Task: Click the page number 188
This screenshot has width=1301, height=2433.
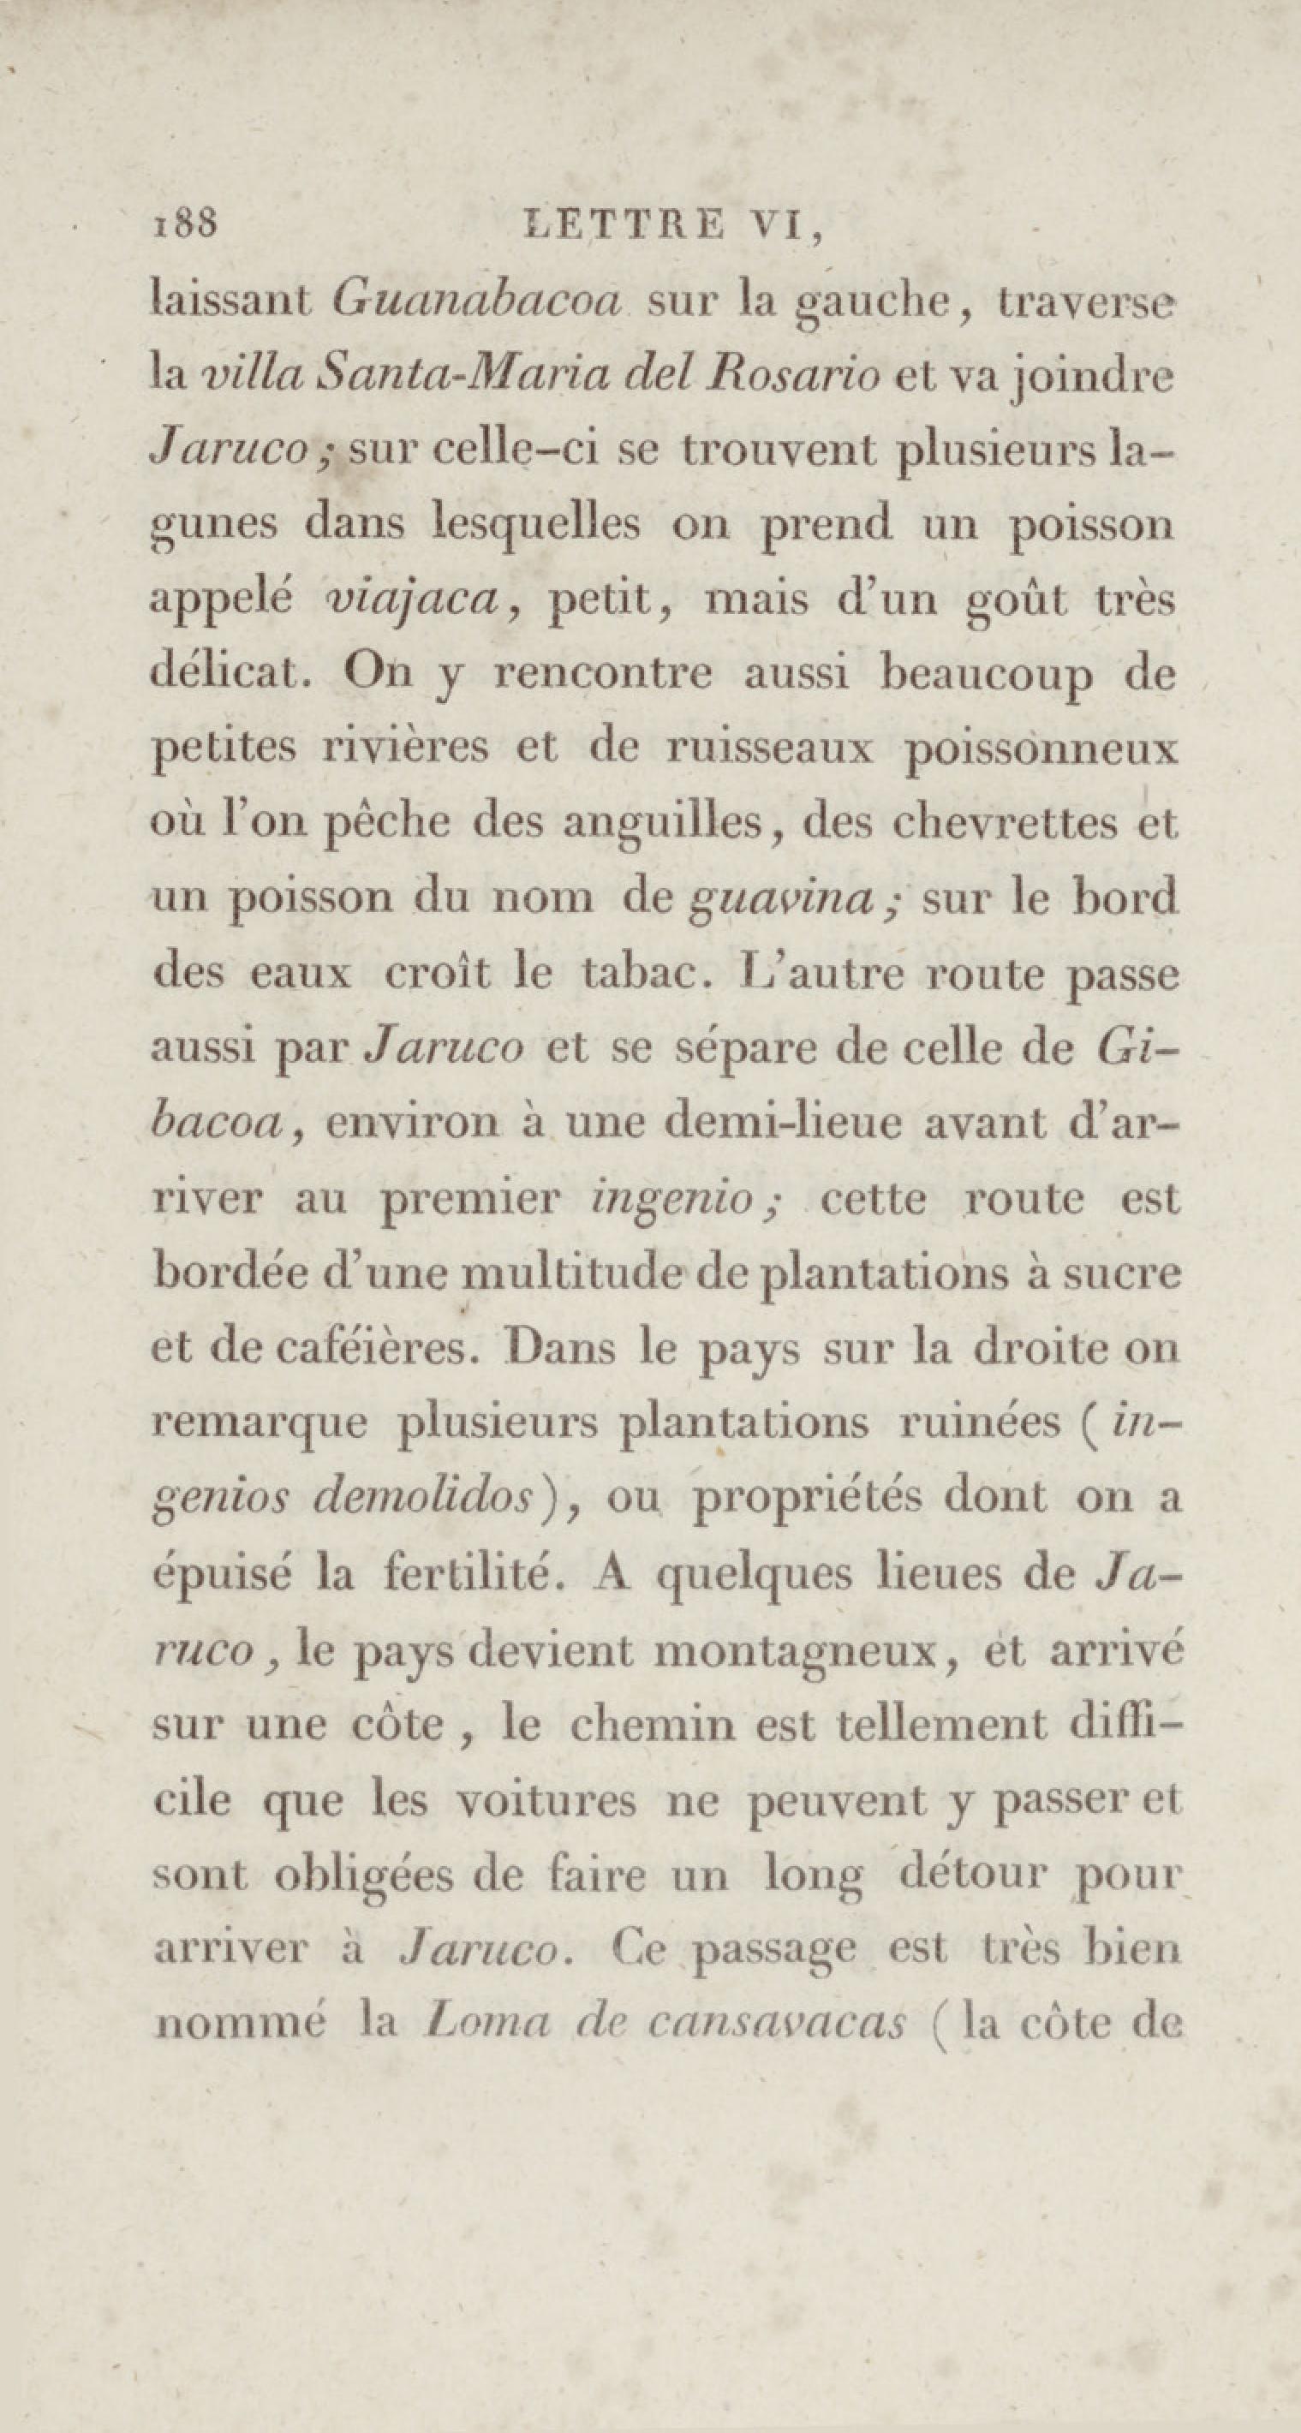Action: pyautogui.click(x=184, y=224)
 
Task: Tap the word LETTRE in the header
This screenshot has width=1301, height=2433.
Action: pyautogui.click(x=623, y=226)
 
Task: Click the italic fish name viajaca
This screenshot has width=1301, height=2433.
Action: pyautogui.click(x=409, y=599)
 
